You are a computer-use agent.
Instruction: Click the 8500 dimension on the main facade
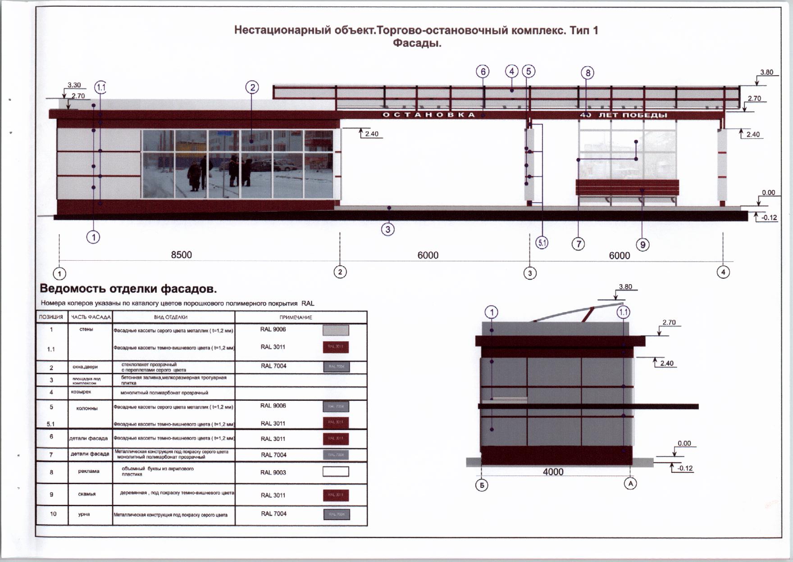coord(181,255)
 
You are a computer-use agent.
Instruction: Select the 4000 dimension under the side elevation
coord(553,471)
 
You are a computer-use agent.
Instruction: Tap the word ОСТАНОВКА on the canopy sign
coord(428,115)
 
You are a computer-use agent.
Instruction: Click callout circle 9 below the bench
coord(643,245)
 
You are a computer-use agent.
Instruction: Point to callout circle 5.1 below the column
coord(542,243)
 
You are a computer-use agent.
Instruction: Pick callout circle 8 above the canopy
coord(587,73)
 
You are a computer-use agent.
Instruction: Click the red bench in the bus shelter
coord(627,188)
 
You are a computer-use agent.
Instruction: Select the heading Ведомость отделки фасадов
coord(128,289)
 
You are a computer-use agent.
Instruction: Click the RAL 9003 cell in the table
coord(273,472)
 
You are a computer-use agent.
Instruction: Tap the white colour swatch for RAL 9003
coord(336,471)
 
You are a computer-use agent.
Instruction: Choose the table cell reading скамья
coord(87,494)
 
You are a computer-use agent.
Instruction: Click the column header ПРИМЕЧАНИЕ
coord(296,317)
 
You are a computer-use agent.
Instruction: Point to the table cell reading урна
coord(84,514)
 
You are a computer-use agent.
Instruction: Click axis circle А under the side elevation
coord(630,484)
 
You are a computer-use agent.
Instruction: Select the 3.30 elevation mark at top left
coord(74,85)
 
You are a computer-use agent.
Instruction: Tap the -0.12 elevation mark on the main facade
coord(769,218)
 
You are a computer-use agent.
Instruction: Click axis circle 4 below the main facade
coord(723,272)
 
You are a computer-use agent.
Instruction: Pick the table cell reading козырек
coord(81,392)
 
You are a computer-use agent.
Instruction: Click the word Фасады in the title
coord(417,44)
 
